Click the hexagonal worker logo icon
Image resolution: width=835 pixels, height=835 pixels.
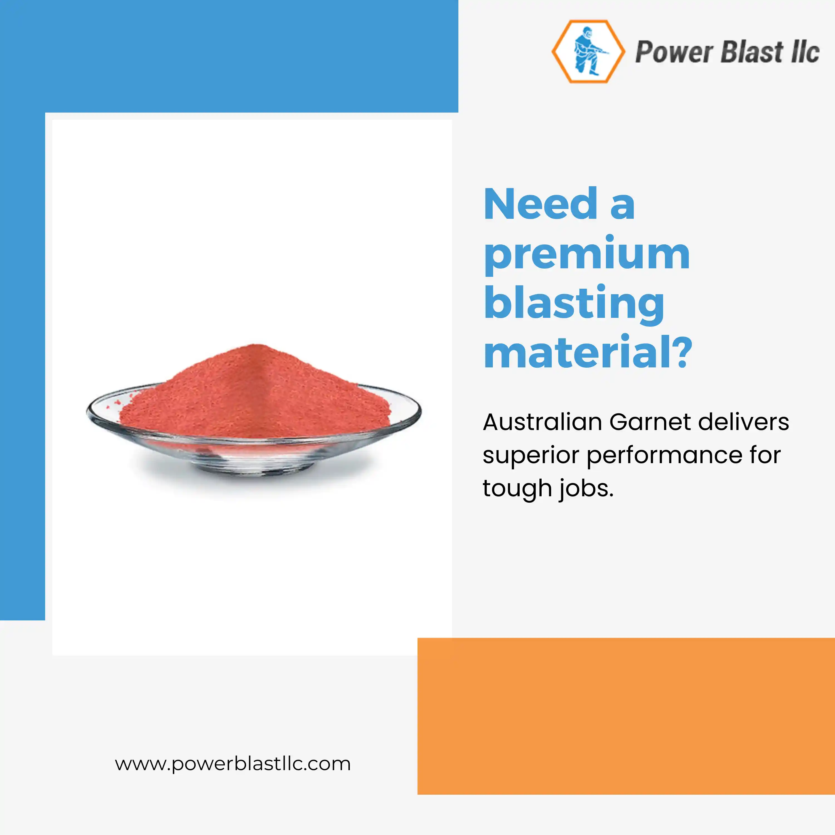588,51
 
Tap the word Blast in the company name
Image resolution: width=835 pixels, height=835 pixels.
752,51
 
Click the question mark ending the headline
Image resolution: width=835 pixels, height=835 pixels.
682,351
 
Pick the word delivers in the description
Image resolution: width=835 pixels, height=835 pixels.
743,422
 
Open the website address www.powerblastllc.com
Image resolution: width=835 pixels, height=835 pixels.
232,764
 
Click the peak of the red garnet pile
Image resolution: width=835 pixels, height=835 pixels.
258,345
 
